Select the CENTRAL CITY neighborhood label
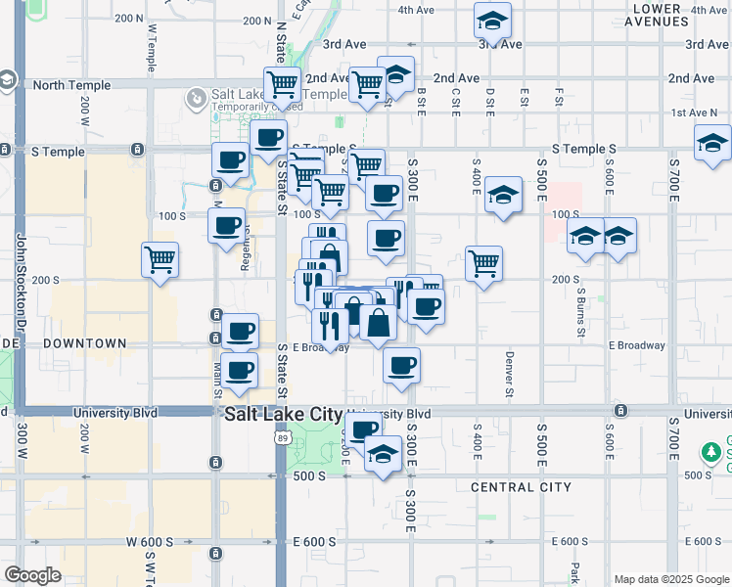[x=521, y=487]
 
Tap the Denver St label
[x=509, y=375]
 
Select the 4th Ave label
[x=416, y=10]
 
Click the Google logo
[x=32, y=575]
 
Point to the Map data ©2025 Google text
[x=671, y=579]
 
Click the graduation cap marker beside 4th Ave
[x=493, y=21]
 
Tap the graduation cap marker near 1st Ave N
[x=712, y=143]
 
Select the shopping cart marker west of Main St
[x=160, y=260]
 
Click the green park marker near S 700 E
[x=711, y=453]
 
